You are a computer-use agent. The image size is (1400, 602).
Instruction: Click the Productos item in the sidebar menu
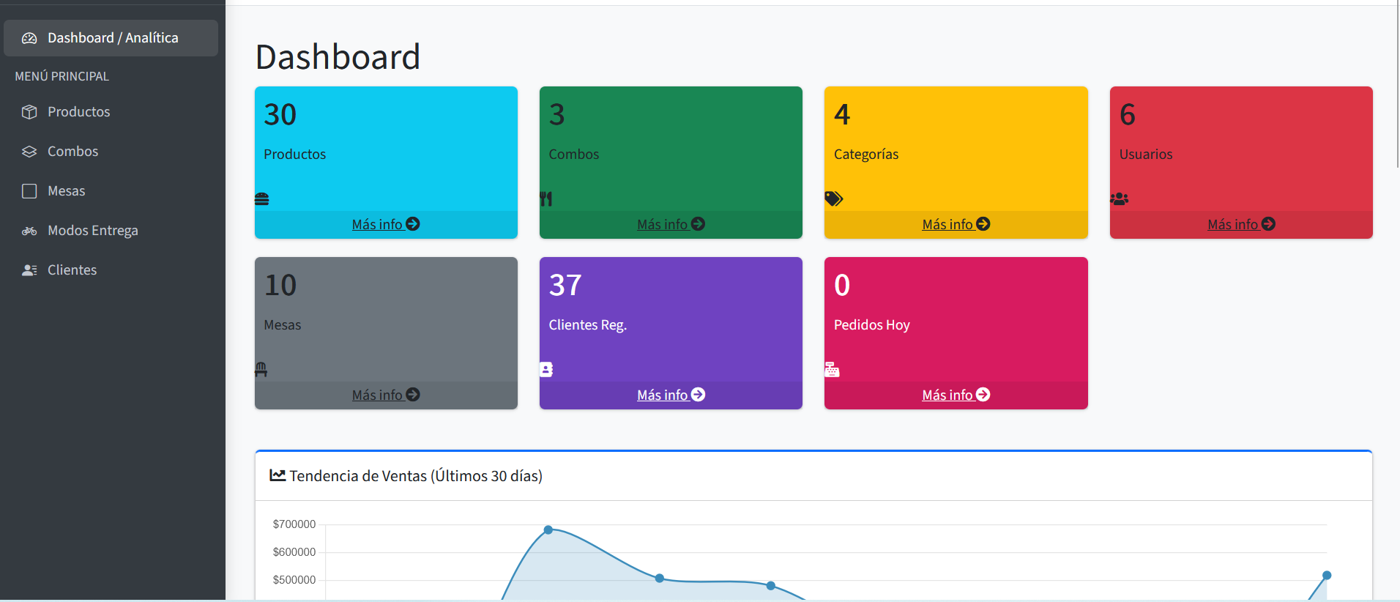click(78, 112)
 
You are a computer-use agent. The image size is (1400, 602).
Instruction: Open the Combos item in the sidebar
click(72, 152)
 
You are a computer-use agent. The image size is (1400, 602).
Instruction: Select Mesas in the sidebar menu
click(66, 191)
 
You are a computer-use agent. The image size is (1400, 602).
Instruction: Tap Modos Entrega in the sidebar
click(92, 231)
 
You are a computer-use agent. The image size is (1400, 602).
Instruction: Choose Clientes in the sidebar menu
click(72, 270)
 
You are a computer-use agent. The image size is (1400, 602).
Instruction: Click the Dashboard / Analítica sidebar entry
click(112, 38)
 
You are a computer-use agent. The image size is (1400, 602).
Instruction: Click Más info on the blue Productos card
click(386, 225)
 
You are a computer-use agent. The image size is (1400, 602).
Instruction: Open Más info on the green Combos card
click(671, 225)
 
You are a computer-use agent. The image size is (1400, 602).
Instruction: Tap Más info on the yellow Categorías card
click(956, 225)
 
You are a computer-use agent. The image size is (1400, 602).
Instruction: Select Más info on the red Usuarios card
click(1241, 225)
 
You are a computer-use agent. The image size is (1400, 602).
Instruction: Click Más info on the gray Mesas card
click(386, 395)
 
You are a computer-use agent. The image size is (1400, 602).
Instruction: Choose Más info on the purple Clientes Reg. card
click(671, 395)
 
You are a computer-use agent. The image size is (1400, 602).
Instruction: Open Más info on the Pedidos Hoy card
click(956, 395)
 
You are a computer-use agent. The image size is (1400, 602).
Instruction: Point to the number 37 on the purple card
click(565, 285)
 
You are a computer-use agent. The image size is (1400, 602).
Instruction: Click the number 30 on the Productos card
click(280, 114)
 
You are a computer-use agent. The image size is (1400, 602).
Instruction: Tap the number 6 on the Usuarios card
click(1128, 114)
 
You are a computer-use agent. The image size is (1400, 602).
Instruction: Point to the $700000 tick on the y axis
click(294, 524)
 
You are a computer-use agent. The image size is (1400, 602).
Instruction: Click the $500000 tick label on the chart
click(294, 580)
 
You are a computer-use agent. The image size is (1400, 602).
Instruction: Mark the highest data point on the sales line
click(548, 529)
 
